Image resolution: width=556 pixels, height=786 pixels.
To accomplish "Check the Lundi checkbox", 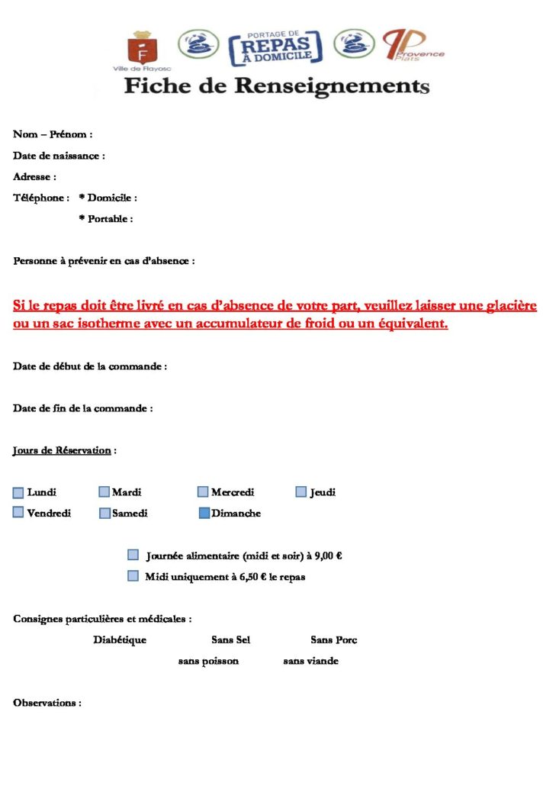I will (18, 492).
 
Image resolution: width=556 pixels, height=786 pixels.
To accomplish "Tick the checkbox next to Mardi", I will (104, 492).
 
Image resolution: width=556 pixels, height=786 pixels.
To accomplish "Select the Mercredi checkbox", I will (203, 492).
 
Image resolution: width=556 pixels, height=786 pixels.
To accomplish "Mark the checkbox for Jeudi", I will (301, 492).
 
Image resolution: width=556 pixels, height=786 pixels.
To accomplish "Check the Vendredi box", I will (18, 513).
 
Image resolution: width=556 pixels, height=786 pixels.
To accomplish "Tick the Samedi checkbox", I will (104, 514).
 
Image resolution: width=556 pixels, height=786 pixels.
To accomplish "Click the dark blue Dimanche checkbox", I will (204, 514).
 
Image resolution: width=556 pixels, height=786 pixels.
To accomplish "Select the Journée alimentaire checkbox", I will (133, 555).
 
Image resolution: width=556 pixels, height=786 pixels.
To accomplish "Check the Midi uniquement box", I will (133, 576).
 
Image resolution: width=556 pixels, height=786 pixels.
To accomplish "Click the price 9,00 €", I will (328, 556).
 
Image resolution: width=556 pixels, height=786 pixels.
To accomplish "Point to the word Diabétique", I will (120, 640).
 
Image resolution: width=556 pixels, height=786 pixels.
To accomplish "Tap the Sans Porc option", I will (334, 640).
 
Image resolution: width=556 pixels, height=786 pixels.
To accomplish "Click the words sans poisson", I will (208, 661).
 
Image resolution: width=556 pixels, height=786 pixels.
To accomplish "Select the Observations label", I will (47, 702).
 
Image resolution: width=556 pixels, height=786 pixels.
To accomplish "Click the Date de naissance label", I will (58, 156).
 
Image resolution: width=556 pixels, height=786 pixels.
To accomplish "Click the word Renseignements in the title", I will (332, 85).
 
